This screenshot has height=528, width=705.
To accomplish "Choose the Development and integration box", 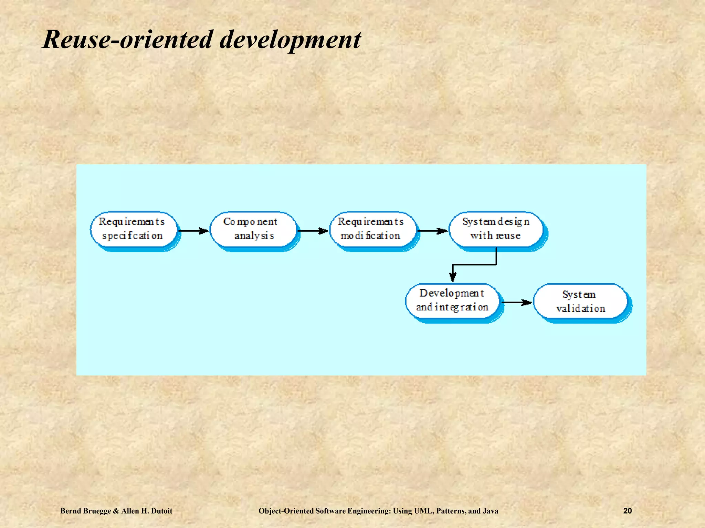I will coord(452,300).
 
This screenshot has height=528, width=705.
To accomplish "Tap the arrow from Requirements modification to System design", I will coord(432,231).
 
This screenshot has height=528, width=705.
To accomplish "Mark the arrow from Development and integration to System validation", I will coord(516,302).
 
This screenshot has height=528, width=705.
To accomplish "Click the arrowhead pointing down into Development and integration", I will coord(453,277).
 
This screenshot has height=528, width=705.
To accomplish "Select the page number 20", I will coord(628,511).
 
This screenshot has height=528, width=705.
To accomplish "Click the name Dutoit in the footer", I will coord(160,511).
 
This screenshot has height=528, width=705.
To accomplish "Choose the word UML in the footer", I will coord(424,511).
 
